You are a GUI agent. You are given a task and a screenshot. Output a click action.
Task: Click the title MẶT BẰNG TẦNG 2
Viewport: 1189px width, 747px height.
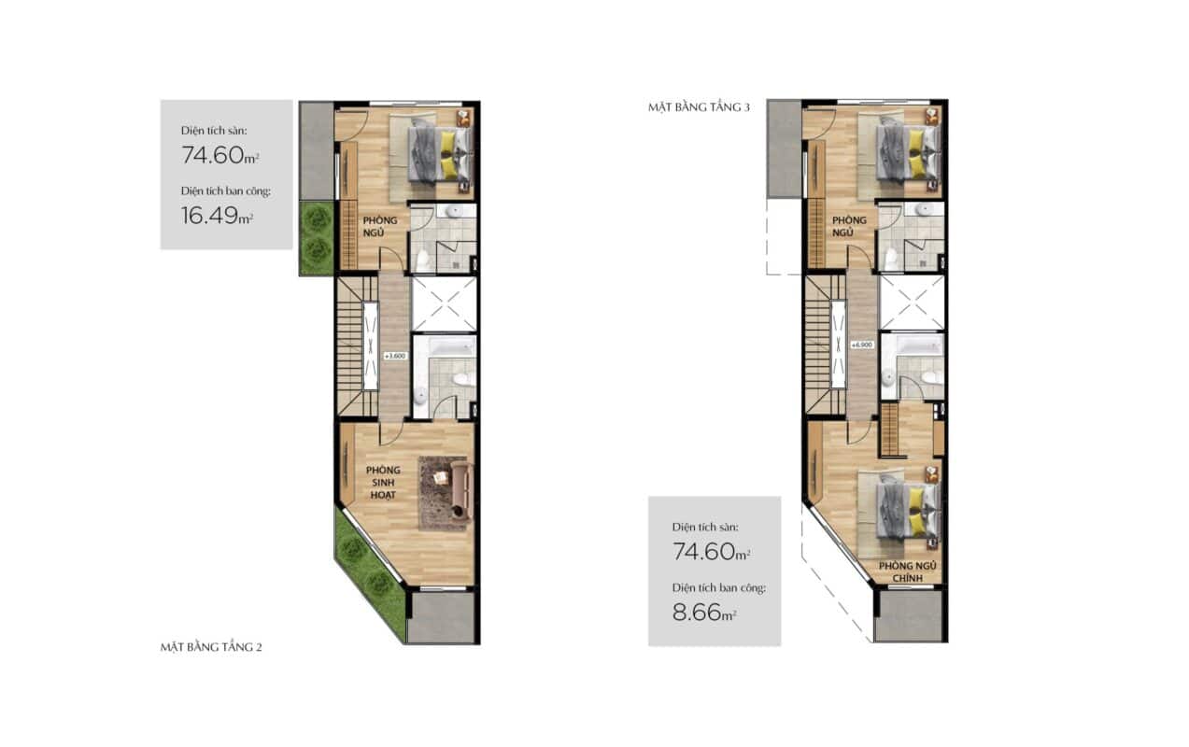[211, 647]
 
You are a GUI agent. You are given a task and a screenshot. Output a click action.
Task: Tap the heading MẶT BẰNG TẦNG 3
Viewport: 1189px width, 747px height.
[699, 107]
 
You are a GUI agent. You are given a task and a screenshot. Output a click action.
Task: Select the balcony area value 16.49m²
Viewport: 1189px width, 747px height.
[217, 216]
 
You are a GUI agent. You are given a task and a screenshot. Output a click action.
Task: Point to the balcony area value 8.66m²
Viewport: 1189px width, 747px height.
[704, 613]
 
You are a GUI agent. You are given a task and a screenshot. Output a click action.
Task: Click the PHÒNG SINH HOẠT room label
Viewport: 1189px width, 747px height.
[383, 482]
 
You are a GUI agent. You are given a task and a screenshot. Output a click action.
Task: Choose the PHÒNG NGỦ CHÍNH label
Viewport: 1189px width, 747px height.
[907, 571]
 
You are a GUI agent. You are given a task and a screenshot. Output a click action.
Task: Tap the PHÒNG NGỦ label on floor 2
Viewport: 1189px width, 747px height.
[380, 227]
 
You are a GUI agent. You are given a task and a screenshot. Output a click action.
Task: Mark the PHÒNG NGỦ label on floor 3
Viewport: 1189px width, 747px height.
[849, 227]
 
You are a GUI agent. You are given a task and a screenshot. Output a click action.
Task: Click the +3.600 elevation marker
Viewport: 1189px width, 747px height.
[395, 356]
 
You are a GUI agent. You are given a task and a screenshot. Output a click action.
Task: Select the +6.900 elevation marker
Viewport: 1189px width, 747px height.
[861, 345]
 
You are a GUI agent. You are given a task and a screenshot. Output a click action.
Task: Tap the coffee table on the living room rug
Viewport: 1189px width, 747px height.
[440, 477]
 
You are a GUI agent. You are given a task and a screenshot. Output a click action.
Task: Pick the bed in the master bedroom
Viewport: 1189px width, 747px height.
[907, 512]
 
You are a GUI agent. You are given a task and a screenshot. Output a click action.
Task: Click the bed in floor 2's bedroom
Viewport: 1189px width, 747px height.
[439, 151]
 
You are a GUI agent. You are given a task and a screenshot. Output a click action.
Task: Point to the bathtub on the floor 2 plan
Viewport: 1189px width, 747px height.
[452, 347]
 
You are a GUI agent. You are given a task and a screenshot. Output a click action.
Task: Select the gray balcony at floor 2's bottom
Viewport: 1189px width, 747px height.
[441, 617]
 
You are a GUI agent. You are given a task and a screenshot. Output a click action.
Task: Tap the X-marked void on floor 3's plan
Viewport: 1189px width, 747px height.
[912, 303]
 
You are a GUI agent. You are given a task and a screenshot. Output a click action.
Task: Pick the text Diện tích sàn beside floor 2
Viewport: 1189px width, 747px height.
[214, 131]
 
